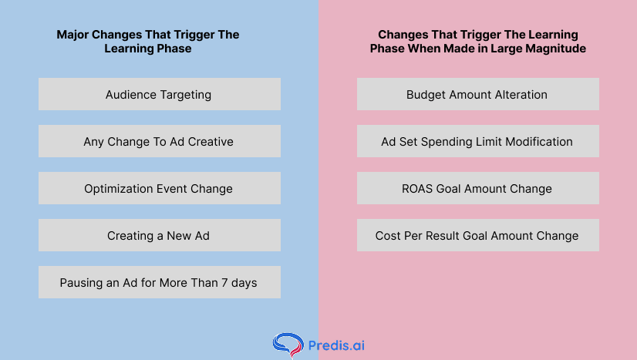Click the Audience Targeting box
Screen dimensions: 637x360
(159, 94)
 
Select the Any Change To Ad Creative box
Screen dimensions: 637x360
(159, 141)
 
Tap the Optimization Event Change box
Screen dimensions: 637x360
(159, 188)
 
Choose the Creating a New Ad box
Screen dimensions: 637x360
(159, 235)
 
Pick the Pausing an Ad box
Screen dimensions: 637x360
(159, 282)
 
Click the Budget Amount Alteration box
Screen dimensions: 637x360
(478, 94)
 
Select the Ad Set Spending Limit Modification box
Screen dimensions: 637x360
(478, 141)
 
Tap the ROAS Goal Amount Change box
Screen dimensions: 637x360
(478, 188)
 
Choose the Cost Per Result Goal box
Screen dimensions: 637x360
(478, 235)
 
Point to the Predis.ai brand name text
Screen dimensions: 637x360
(336, 345)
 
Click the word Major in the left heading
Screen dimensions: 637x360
(72, 35)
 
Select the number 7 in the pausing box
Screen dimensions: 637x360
(224, 282)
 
